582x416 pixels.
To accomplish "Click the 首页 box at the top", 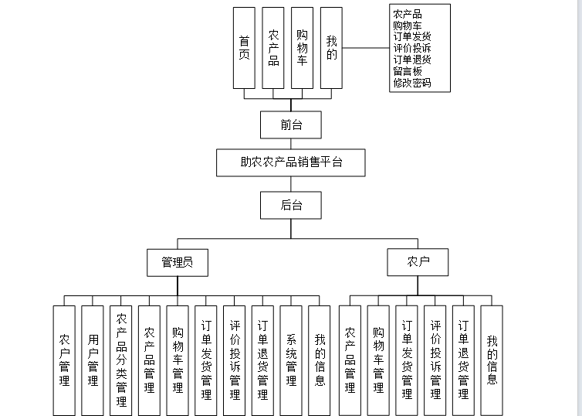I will coord(244,48).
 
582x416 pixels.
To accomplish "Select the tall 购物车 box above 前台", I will coord(302,48).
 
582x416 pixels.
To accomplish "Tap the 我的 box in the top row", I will coord(331,48).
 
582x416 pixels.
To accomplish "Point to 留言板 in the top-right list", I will coord(407,71).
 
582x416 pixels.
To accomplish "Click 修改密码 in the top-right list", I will coord(411,83).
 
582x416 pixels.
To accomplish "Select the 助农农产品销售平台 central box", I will coord(291,163).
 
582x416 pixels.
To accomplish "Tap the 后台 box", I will coord(291,205).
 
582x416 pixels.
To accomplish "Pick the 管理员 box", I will coord(178,262).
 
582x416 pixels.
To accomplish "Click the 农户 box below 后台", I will coord(418,262).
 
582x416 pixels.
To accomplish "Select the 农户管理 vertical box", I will coord(65,360).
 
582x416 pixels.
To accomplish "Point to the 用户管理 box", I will coord(93,360).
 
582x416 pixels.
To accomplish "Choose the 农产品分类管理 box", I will coord(121,360).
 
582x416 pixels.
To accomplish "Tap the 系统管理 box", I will coord(291,360).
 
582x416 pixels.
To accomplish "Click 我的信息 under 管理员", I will coord(320,360).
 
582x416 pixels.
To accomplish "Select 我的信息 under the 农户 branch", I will coord(492,360).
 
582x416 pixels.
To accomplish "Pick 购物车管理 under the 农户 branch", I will coord(378,360).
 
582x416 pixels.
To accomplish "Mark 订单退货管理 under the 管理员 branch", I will coord(262,360).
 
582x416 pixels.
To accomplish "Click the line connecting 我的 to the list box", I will coord(366,48).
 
